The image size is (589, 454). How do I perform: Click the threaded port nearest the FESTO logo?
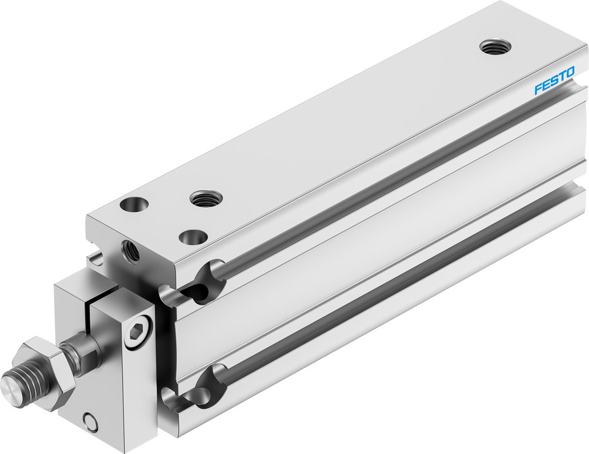coord(495,46)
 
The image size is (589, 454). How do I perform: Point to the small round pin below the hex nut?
coord(90,422)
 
